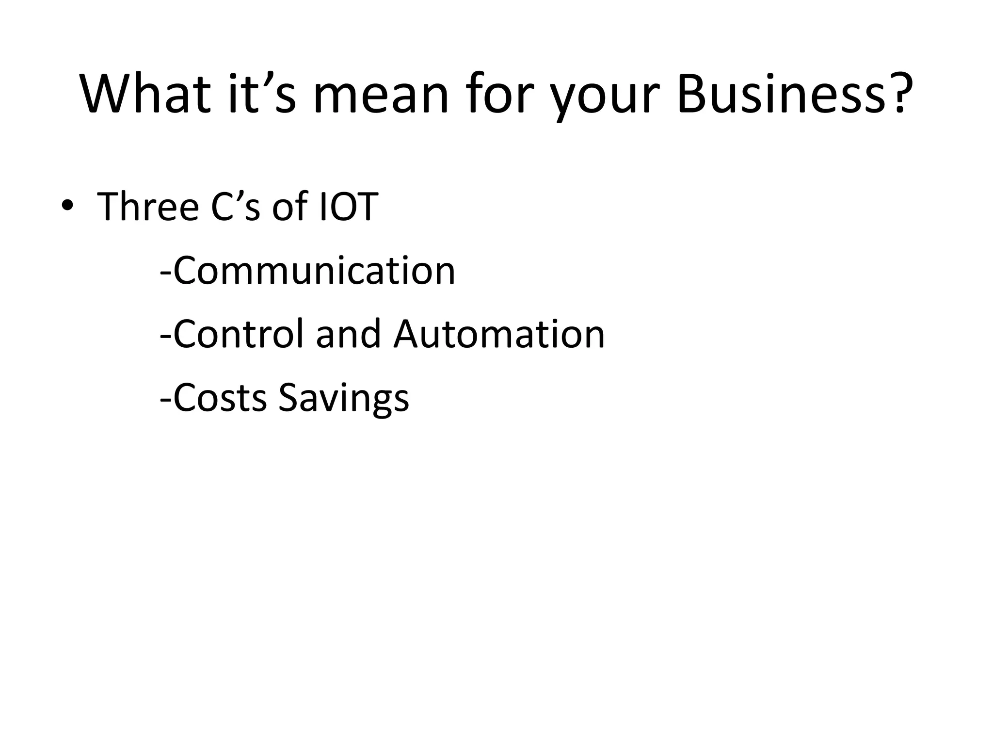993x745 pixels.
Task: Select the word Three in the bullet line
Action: click(x=148, y=207)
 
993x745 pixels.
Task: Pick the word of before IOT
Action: click(x=290, y=207)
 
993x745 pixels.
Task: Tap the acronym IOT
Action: click(x=348, y=207)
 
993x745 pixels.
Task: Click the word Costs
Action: click(x=220, y=397)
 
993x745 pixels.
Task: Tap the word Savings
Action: click(x=344, y=399)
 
